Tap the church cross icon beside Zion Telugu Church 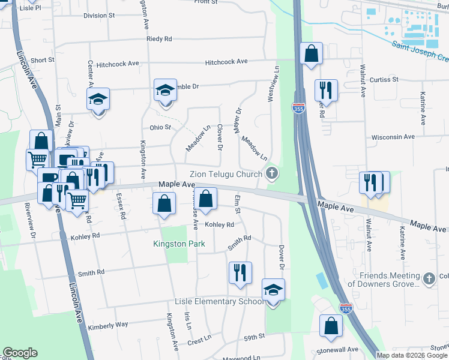tap(272, 174)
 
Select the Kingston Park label tap(179, 244)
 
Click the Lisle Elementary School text tap(218, 301)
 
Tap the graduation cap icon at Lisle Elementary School tap(273, 290)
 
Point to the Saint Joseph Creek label tap(420, 51)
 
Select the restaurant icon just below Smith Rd tap(240, 272)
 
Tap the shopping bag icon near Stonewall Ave tap(331, 326)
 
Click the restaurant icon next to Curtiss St tap(326, 90)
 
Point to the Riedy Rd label tap(159, 39)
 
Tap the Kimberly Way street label tap(108, 325)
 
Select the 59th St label tap(254, 338)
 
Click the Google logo tap(20, 353)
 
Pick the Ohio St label tap(160, 127)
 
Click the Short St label tap(43, 60)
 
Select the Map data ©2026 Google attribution tap(412, 355)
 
